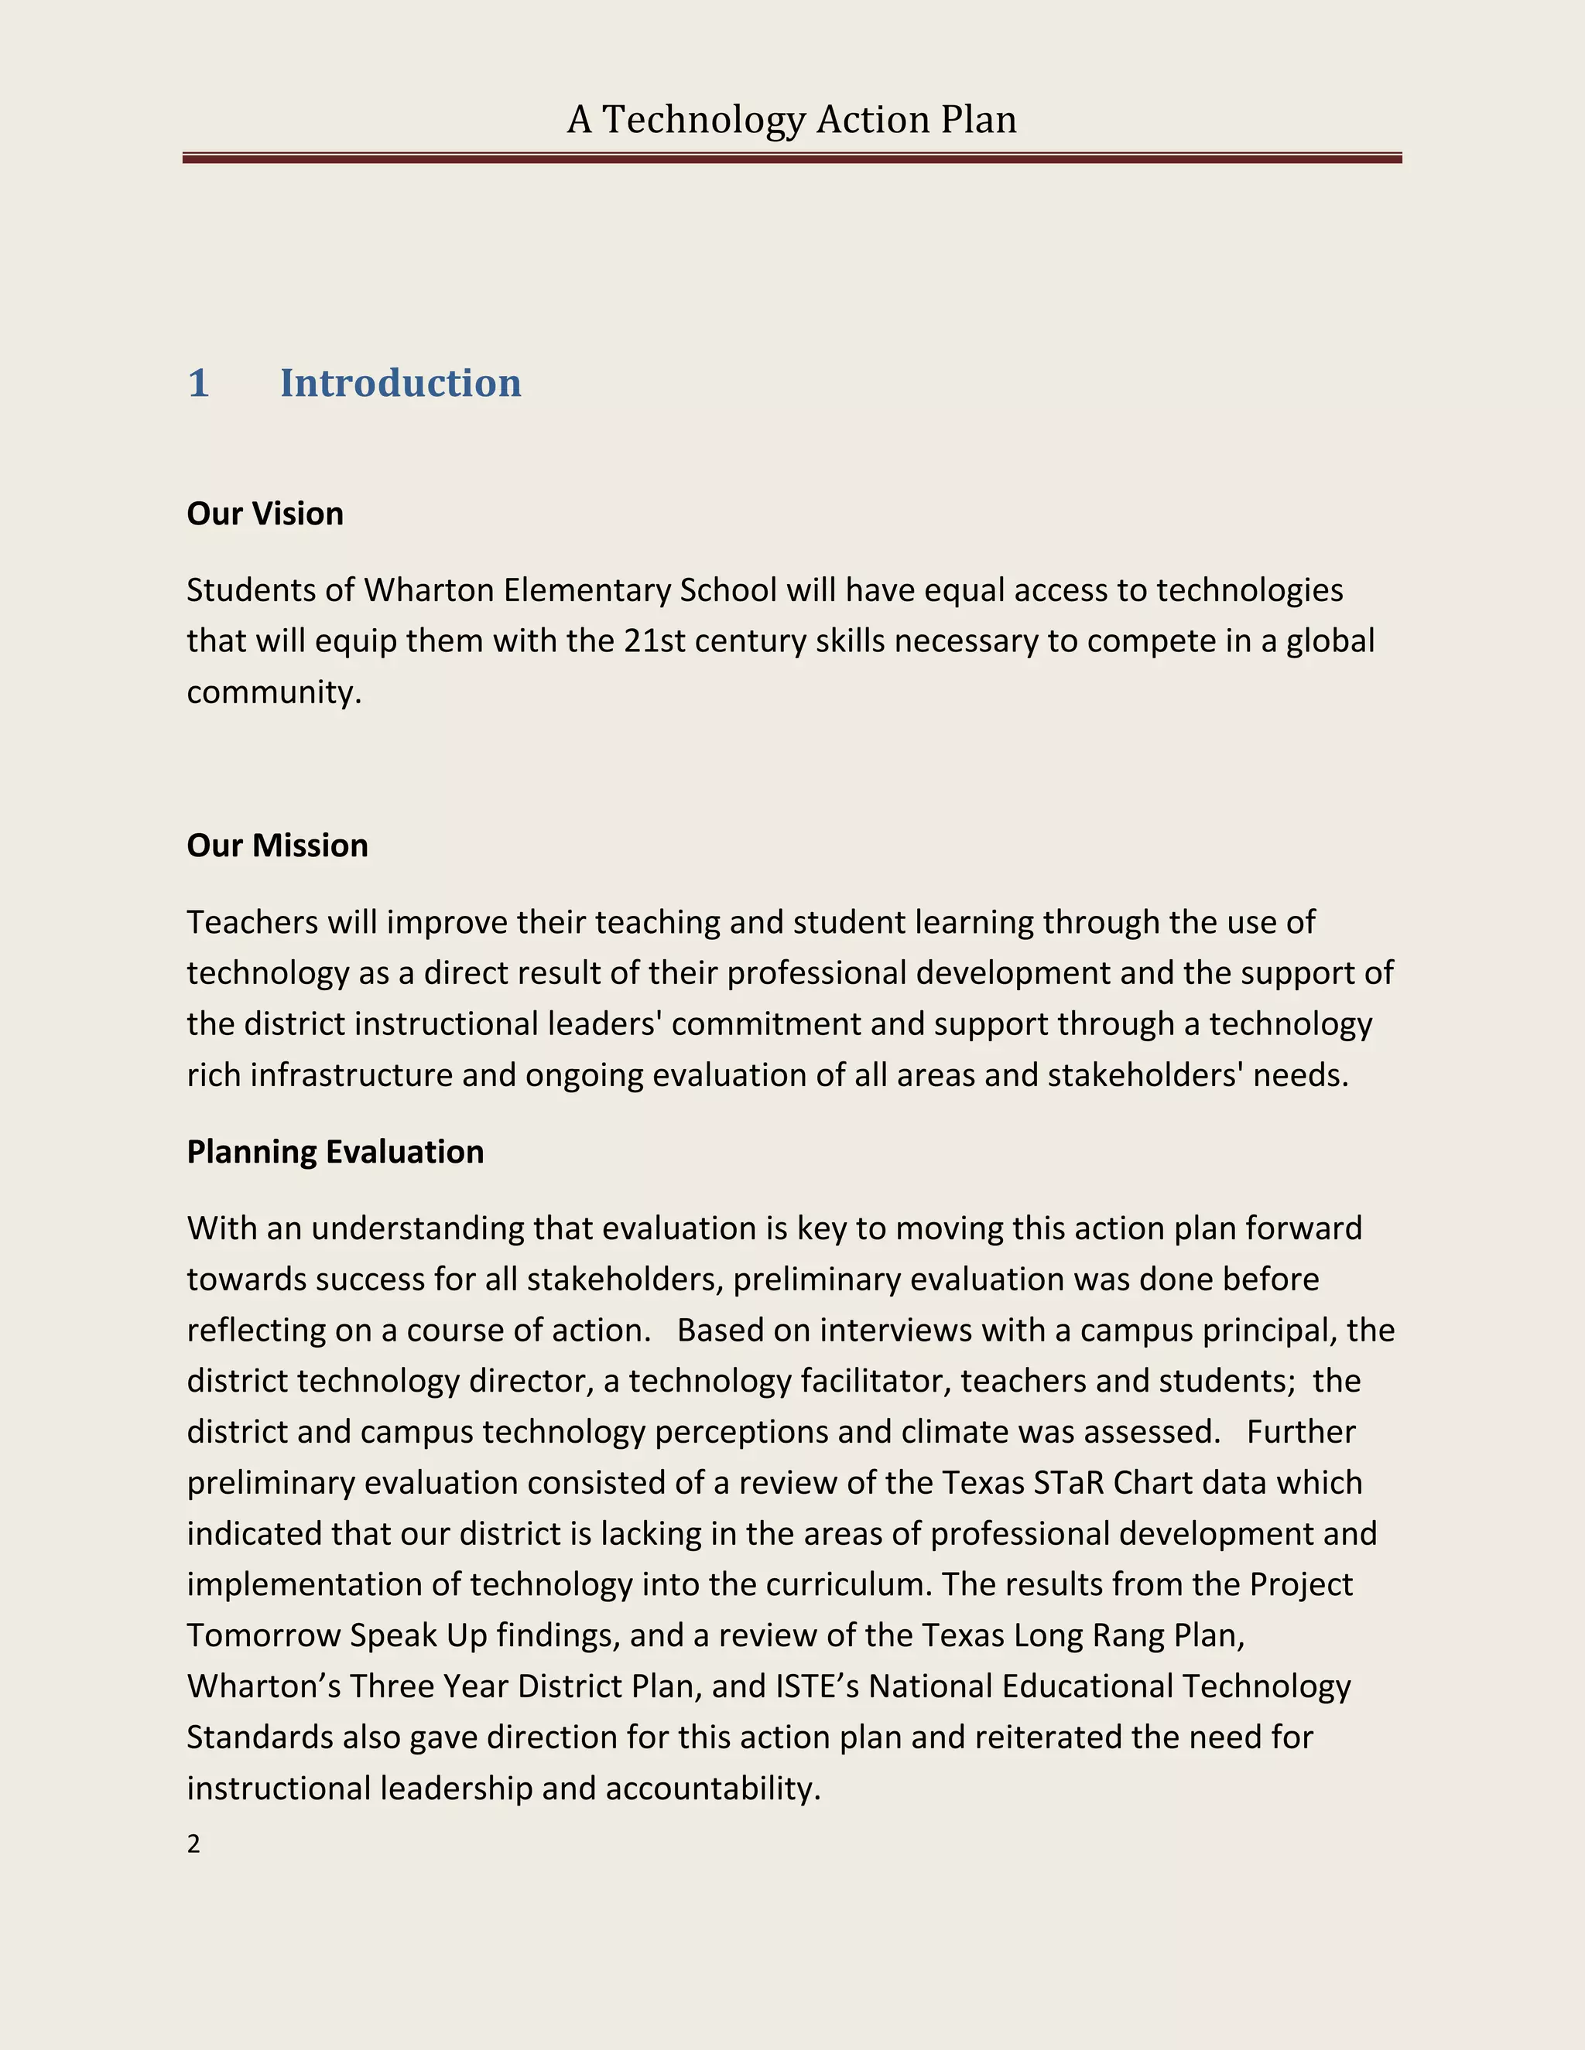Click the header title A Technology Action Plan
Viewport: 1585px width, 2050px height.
pos(792,120)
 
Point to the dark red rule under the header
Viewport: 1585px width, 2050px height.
pos(792,159)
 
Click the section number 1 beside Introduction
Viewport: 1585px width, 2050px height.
pos(198,383)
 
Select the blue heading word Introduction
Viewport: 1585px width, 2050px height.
pos(400,383)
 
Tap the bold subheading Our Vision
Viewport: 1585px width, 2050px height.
pos(265,514)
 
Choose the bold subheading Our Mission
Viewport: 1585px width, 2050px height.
pos(277,846)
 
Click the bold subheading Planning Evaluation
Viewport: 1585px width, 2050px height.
pos(335,1152)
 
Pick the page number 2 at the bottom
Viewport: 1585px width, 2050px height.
pos(193,1844)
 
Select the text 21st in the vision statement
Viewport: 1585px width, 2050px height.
pos(647,641)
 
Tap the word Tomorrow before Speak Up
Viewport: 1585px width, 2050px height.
pos(264,1635)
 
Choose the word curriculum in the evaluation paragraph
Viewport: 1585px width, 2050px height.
pos(848,1584)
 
